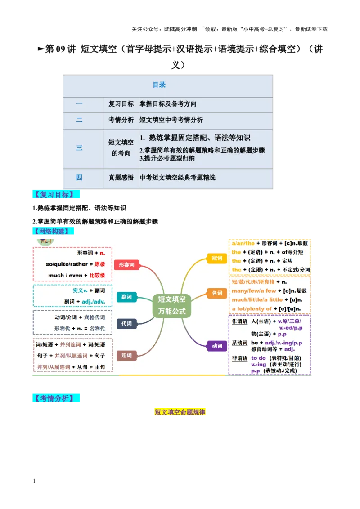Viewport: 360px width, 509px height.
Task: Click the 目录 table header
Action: click(x=159, y=85)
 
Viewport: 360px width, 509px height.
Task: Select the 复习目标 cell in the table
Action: click(x=121, y=104)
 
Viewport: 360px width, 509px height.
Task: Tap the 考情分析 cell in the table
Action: click(x=121, y=120)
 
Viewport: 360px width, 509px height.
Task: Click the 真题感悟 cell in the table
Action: click(x=121, y=178)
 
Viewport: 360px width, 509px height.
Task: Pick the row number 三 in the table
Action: click(x=79, y=148)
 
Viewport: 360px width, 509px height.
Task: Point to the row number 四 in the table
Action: click(x=79, y=178)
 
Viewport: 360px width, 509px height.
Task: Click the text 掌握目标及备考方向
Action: click(x=168, y=104)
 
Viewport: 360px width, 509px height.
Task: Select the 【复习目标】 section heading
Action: click(x=57, y=195)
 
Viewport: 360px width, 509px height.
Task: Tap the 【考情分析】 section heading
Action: click(x=57, y=398)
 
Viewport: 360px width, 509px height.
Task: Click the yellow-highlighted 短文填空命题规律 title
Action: click(x=180, y=412)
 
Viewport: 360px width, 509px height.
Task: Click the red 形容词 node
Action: click(x=126, y=265)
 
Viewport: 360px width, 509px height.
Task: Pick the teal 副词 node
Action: click(x=126, y=297)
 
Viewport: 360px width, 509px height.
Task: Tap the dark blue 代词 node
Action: click(x=126, y=324)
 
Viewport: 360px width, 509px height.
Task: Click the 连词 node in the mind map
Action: click(x=126, y=356)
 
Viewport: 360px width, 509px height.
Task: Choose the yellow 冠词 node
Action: click(x=217, y=258)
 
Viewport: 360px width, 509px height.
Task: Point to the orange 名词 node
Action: click(x=217, y=293)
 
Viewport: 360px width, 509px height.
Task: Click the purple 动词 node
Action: click(x=217, y=346)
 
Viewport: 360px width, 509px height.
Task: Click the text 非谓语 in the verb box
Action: click(x=239, y=358)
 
